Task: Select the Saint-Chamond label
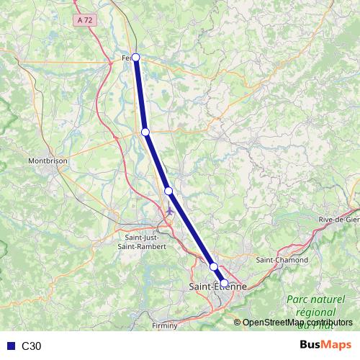tap(282, 260)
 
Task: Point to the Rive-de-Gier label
tap(338, 220)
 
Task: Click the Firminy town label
tap(165, 326)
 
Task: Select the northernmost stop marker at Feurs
tap(135, 58)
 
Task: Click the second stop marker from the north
tap(145, 132)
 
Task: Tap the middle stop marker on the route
tap(168, 191)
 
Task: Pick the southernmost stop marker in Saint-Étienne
tap(224, 283)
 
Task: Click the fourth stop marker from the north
tap(214, 267)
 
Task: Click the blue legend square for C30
tap(9, 346)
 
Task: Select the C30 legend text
tap(31, 346)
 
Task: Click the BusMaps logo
tap(325, 346)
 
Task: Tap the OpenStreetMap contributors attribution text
tap(298, 323)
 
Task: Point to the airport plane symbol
tap(170, 211)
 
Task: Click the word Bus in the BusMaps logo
tap(311, 346)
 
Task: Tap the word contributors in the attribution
tap(328, 323)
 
